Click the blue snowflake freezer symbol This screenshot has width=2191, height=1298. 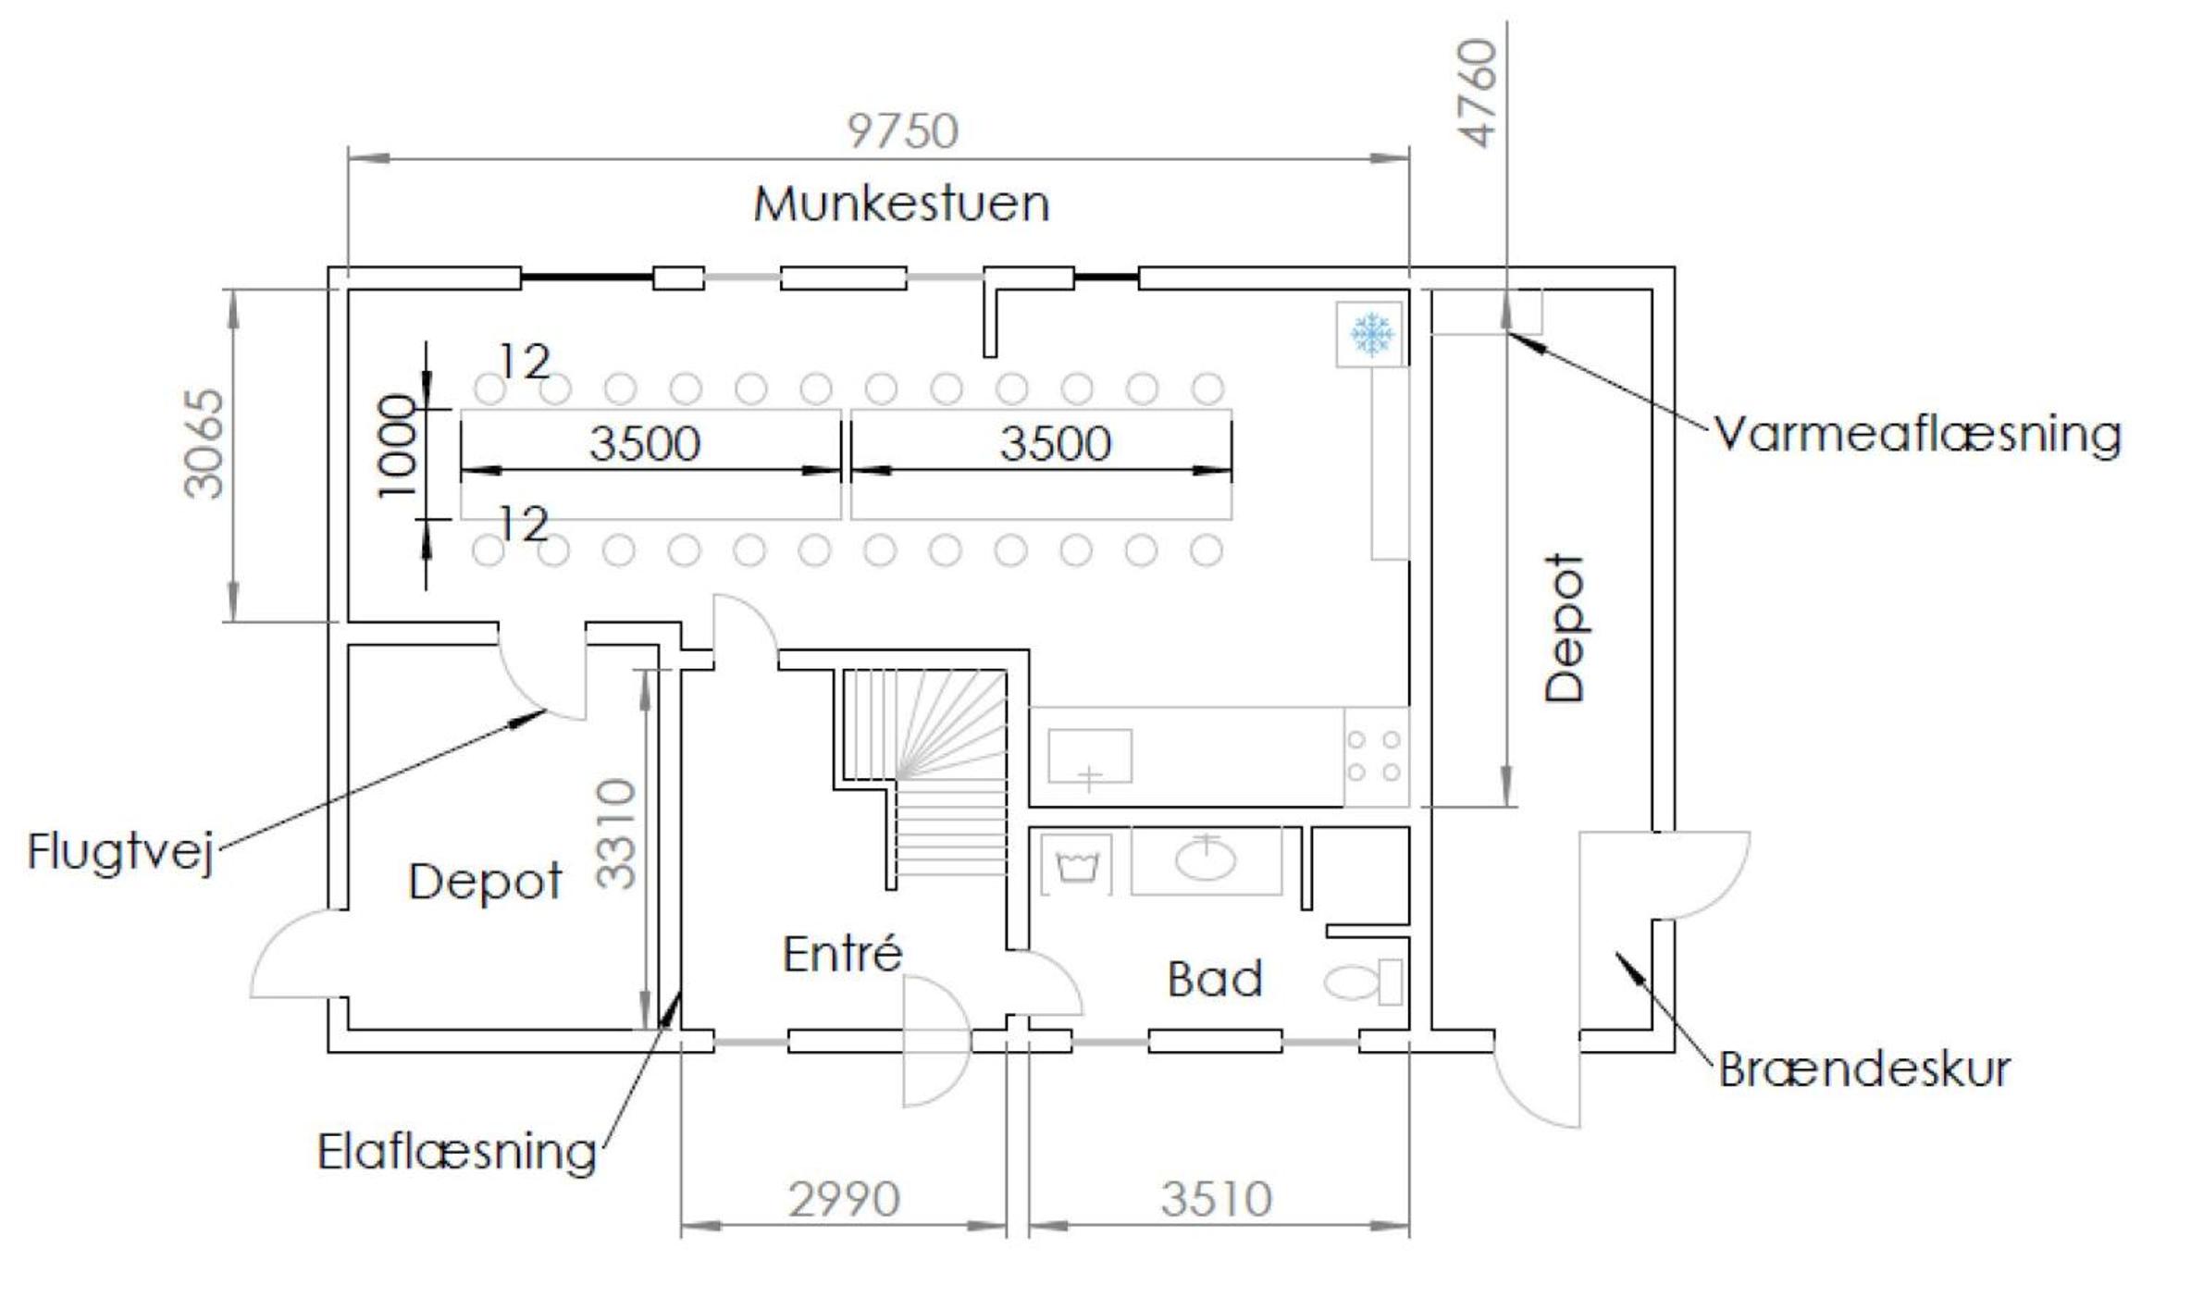[1371, 333]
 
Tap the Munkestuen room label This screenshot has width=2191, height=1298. [901, 204]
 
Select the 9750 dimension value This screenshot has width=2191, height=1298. [903, 131]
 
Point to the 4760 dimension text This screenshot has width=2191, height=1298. [1477, 93]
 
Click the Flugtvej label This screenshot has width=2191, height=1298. [121, 851]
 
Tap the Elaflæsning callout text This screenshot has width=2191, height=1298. [457, 1153]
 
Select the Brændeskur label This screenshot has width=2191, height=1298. [1864, 1069]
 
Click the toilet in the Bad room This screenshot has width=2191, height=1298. [1363, 983]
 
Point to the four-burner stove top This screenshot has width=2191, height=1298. [1374, 756]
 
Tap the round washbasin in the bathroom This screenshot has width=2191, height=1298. [1206, 859]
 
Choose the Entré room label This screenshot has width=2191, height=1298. [842, 954]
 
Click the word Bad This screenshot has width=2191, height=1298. [1215, 979]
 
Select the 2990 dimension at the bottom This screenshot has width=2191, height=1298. [844, 1200]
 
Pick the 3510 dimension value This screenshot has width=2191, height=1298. [1217, 1200]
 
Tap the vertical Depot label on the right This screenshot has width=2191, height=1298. [1566, 628]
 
